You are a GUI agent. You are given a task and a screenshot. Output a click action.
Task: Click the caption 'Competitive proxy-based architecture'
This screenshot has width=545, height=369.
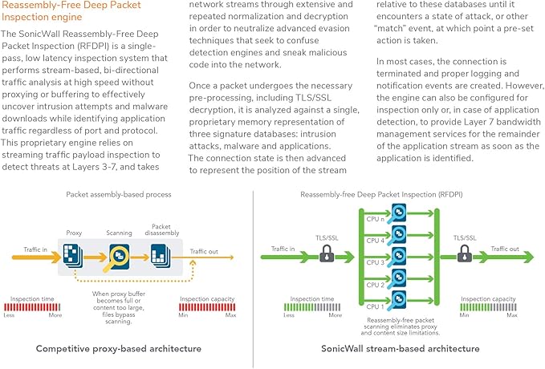pos(120,349)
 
